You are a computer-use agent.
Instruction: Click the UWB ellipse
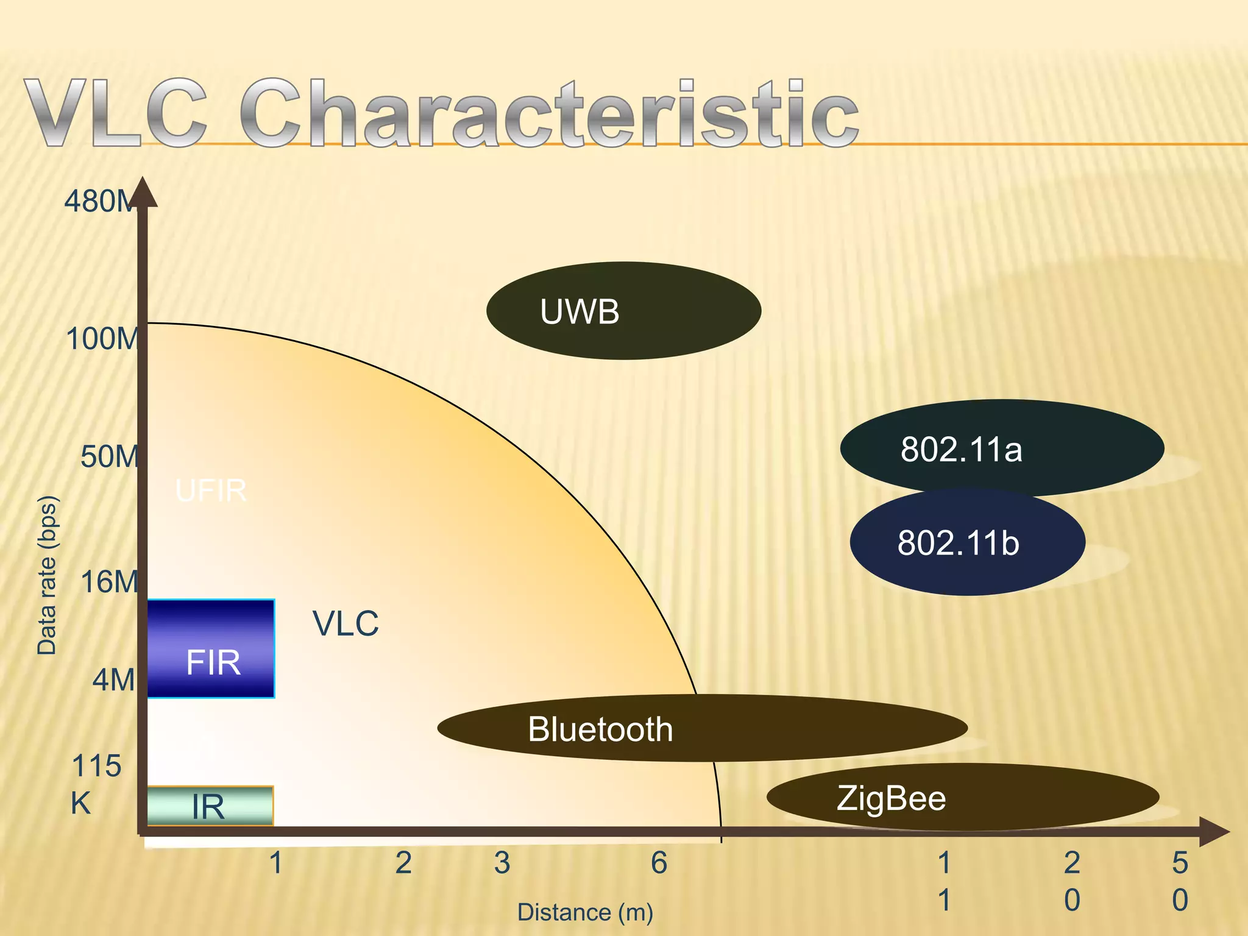point(623,311)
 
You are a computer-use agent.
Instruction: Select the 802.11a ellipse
point(1002,448)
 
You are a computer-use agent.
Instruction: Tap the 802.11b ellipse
point(967,542)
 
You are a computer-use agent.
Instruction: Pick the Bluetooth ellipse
point(702,728)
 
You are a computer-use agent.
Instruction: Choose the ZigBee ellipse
point(962,797)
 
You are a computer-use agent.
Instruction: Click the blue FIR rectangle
point(211,648)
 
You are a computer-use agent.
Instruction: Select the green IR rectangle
point(210,806)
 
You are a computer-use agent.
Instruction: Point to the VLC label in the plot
point(346,623)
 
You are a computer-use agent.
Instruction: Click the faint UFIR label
point(211,491)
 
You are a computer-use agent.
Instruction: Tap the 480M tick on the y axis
point(99,201)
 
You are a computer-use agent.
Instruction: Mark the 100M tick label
point(101,339)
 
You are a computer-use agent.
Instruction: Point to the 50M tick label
point(108,456)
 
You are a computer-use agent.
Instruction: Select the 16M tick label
point(108,582)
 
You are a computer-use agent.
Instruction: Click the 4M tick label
point(113,679)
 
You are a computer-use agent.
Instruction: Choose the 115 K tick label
point(96,784)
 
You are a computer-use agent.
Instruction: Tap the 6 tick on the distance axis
point(659,863)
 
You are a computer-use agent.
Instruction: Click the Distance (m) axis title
point(585,912)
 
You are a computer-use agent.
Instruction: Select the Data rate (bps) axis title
point(47,575)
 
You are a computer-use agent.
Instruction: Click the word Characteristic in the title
point(548,114)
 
